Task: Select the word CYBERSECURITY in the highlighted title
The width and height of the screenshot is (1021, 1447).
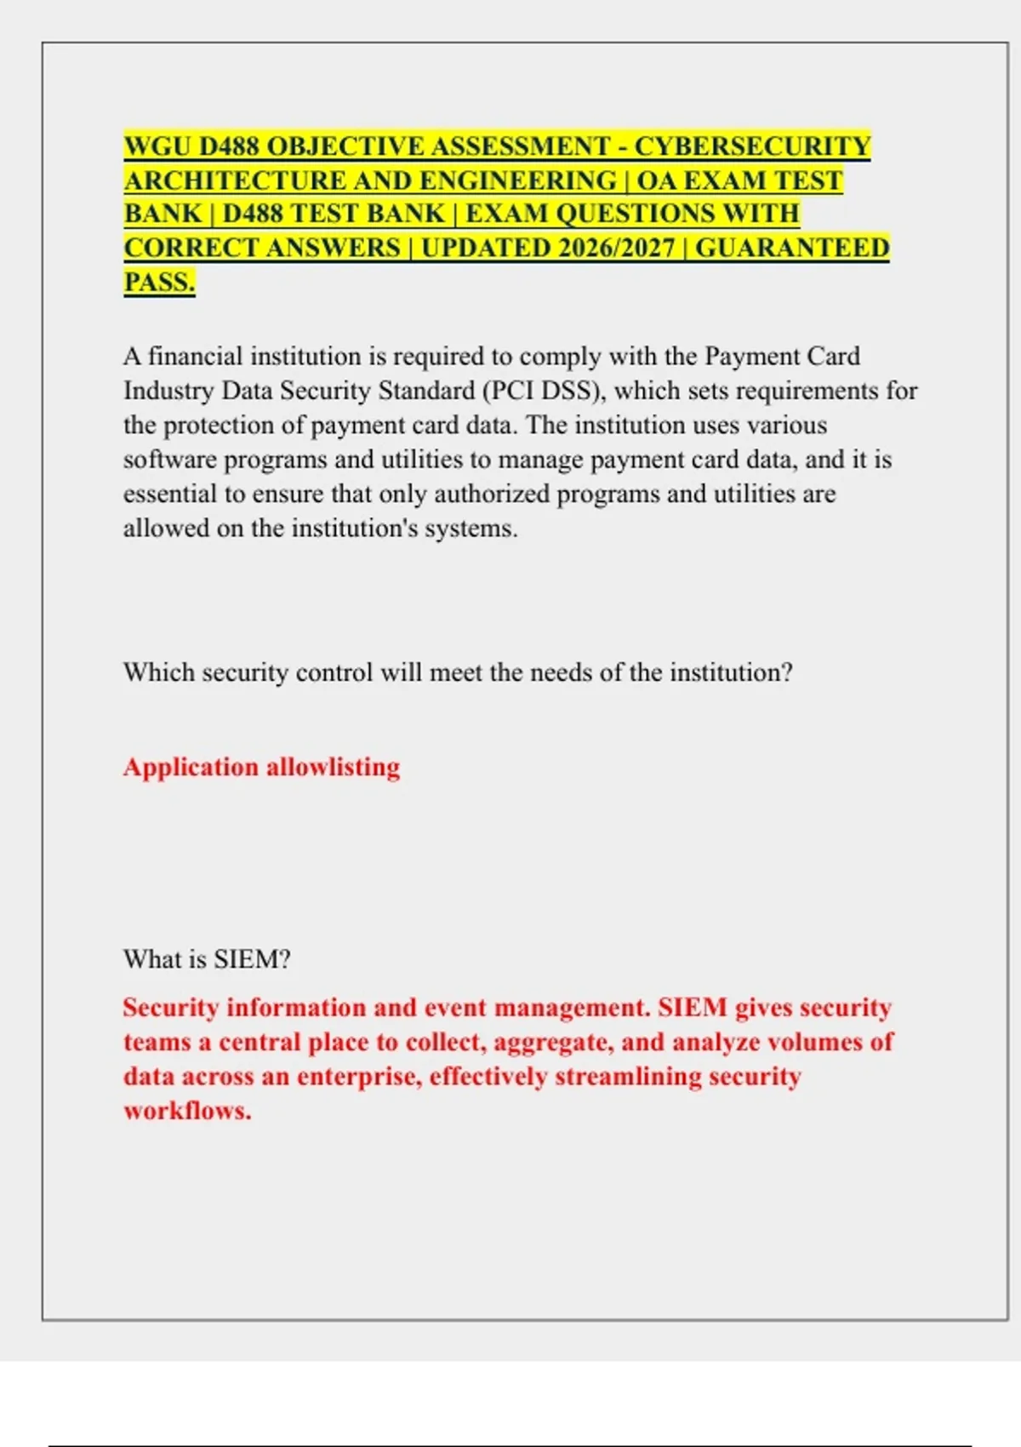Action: tap(752, 146)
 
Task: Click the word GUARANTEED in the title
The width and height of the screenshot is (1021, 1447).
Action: tap(792, 248)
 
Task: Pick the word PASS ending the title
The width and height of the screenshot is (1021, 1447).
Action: tap(158, 282)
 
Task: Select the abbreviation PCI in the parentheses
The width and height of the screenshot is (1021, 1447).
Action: tap(512, 391)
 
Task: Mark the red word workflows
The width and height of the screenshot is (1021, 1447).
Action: tap(186, 1111)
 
